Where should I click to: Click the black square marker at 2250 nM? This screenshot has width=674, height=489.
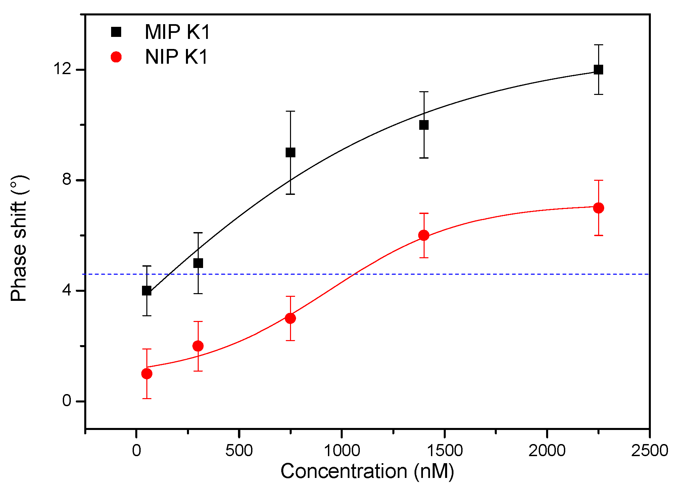coord(598,70)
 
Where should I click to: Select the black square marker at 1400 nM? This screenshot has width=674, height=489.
coord(424,125)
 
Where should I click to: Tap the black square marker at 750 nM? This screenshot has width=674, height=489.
coord(290,153)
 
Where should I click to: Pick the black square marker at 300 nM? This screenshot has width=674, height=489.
coord(198,263)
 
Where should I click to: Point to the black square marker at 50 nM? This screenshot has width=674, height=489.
coord(147,291)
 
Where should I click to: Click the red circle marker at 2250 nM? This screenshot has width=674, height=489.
coord(598,208)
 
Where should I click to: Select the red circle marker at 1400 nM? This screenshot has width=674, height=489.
coord(424,235)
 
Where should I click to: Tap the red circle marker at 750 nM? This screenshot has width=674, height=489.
coord(290,318)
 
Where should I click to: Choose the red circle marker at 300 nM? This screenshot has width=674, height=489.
coord(198,346)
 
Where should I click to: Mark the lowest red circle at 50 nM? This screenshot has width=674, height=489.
coord(147,374)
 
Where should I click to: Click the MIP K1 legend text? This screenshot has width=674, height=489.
coord(177,32)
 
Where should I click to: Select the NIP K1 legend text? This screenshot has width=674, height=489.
coord(177,57)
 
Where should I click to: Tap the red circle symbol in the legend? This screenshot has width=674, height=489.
coord(116,57)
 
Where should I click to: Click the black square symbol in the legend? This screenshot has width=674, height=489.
coord(116,32)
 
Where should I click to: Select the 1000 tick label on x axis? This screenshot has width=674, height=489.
coord(341,451)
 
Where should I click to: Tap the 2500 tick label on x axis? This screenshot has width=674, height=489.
coord(649,451)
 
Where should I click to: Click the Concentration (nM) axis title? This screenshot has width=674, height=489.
coord(367,472)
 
